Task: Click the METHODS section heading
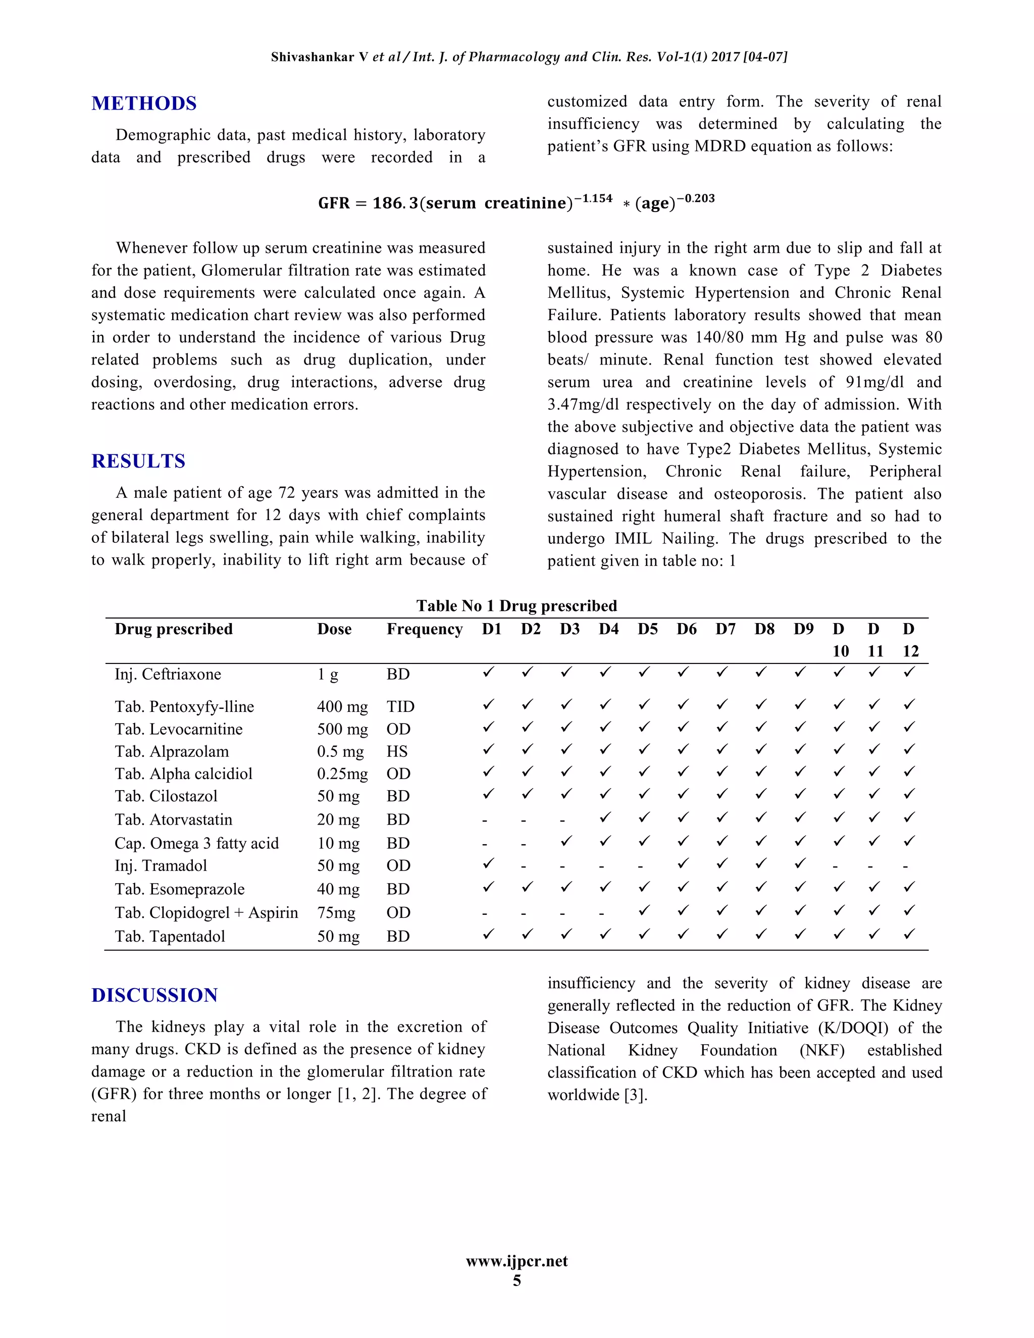144,103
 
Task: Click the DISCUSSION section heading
154,995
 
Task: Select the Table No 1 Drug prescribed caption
516,605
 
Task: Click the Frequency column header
425,629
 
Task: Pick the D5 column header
647,629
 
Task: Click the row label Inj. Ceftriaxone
168,674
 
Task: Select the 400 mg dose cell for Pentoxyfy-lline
342,706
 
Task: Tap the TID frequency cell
400,706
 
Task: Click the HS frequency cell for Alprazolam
396,751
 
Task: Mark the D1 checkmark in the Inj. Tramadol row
488,863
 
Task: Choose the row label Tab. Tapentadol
170,936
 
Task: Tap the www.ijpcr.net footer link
516,1261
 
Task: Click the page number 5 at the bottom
516,1280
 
